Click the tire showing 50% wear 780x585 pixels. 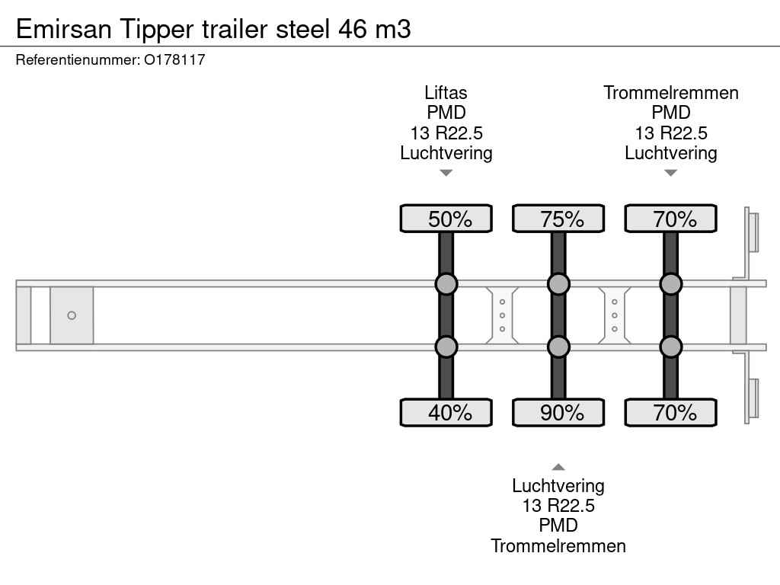446,219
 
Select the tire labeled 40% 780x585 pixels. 446,412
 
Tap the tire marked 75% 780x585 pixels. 558,219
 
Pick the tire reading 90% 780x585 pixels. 558,412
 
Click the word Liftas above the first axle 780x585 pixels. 446,93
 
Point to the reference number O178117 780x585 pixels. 174,60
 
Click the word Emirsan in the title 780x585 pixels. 64,29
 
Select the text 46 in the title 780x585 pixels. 353,29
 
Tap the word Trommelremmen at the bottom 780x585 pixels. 558,546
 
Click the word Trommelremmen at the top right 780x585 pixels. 670,93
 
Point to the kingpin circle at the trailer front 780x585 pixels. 72,315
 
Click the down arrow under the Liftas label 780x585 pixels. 446,173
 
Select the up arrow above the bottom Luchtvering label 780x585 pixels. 558,467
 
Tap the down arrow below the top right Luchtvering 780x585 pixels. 670,173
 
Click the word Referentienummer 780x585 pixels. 78,60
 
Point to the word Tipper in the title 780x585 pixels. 157,30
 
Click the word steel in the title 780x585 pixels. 303,29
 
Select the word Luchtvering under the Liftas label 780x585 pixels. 446,153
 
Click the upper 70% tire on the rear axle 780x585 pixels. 670,219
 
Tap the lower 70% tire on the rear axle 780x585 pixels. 670,412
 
